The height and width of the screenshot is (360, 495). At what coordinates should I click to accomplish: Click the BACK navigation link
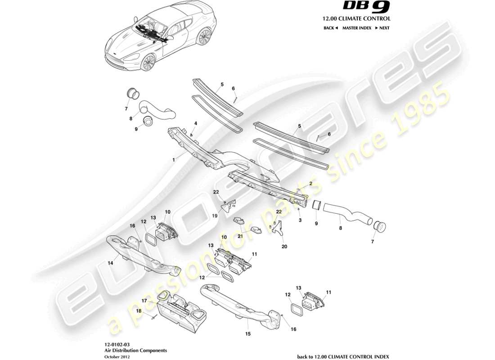pyautogui.click(x=330, y=28)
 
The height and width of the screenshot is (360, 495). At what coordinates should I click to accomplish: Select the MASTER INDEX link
pyautogui.click(x=356, y=28)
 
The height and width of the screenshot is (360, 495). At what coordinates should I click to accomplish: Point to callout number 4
pyautogui.click(x=196, y=123)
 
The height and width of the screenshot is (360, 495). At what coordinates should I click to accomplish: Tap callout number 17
pyautogui.click(x=144, y=300)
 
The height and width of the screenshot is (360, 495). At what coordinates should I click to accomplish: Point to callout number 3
pyautogui.click(x=300, y=220)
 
